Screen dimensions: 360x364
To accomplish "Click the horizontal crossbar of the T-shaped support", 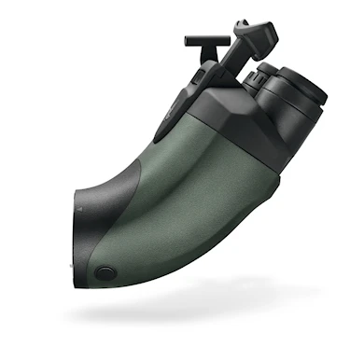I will click(x=200, y=40).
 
